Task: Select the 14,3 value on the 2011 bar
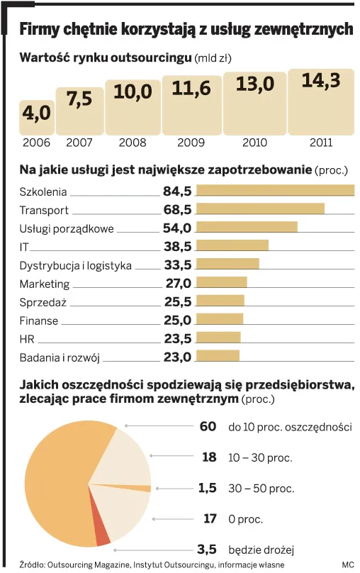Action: tap(320, 81)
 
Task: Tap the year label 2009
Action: tap(191, 143)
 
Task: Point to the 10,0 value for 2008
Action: tap(133, 91)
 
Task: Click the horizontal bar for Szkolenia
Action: tap(275, 190)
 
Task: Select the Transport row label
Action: tap(44, 210)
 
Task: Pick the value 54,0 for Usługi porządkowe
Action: tap(177, 228)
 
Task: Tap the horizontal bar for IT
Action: tap(232, 245)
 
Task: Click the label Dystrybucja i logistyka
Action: tap(75, 265)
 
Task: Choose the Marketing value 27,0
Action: tap(178, 283)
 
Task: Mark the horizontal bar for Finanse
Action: tap(220, 319)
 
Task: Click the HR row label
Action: tap(27, 339)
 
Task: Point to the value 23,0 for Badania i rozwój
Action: tap(177, 357)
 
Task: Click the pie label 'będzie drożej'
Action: tap(261, 550)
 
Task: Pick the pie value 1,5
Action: tap(207, 487)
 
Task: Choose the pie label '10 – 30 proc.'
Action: tap(260, 457)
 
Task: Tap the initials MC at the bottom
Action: tap(347, 564)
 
